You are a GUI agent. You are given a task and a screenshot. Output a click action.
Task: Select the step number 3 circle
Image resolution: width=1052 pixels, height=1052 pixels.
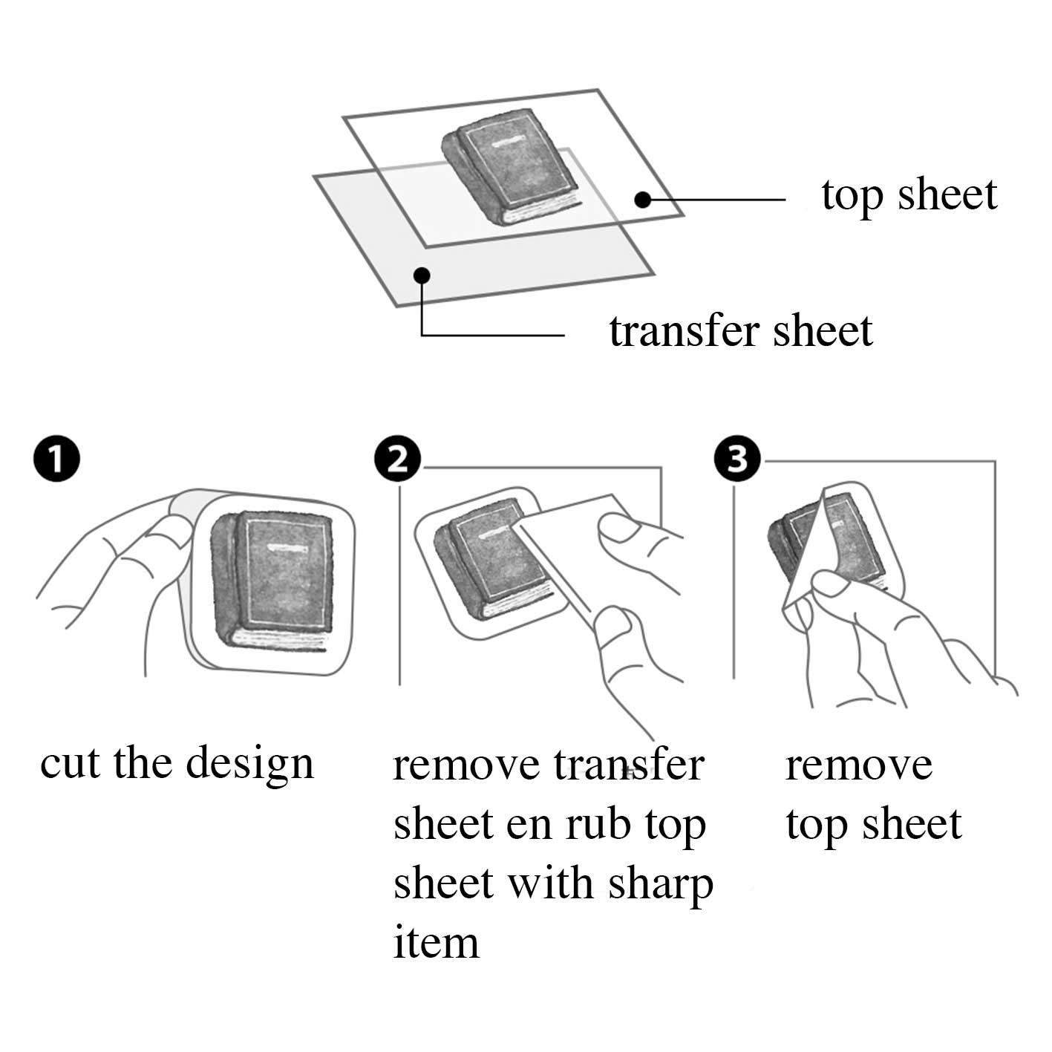coord(737,459)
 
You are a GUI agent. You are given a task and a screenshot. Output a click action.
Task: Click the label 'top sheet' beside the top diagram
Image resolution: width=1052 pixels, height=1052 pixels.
coord(909,196)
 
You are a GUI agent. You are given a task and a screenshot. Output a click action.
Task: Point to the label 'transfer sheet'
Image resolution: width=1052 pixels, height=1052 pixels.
coord(740,331)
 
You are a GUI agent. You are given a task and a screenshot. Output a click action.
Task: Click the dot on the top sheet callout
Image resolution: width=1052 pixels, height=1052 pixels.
coord(643,199)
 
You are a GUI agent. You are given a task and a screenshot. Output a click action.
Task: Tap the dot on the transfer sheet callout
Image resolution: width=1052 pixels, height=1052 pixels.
coord(422,275)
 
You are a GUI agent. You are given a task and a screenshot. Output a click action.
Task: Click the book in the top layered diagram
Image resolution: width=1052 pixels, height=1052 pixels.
coord(510,167)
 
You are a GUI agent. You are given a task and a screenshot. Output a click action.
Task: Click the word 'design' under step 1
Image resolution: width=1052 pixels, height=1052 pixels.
coord(249,764)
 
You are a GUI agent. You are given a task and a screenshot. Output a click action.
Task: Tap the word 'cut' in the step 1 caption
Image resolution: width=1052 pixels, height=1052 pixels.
coord(69,764)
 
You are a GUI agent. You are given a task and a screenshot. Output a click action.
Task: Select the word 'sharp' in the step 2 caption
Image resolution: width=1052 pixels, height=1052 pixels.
coord(661,884)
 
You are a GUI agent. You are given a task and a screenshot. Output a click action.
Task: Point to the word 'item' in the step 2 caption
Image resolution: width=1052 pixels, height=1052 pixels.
coord(436,943)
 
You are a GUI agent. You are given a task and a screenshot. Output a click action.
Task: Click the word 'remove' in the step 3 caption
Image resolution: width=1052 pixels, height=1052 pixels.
coord(859,765)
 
